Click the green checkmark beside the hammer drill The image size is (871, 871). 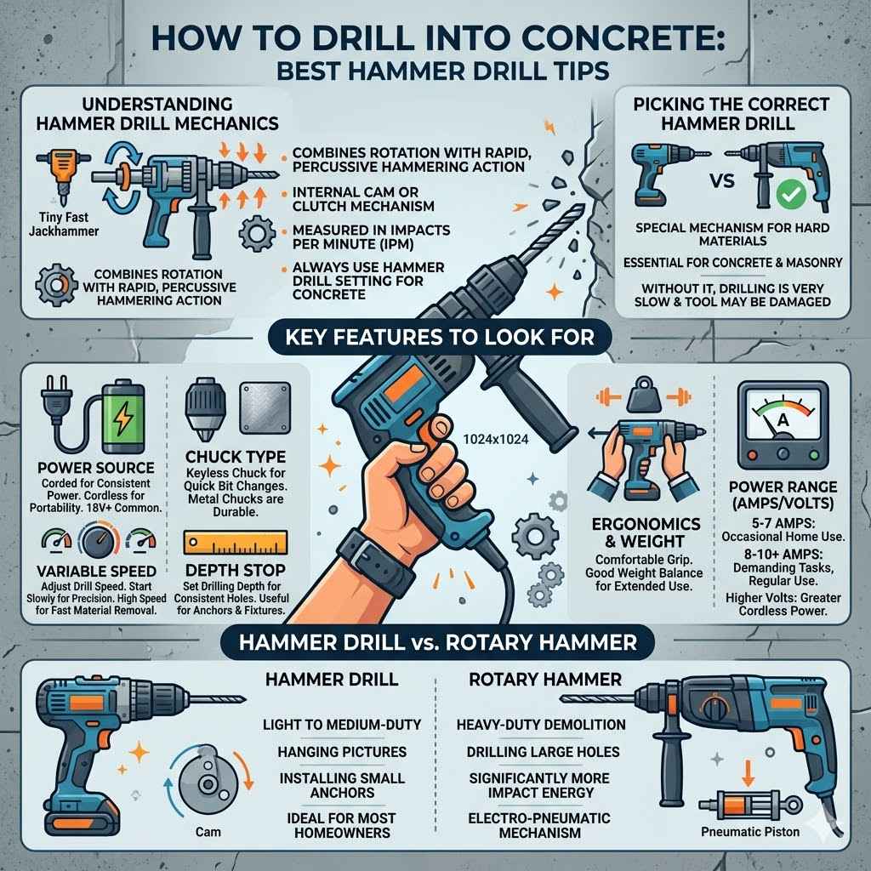click(x=792, y=196)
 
